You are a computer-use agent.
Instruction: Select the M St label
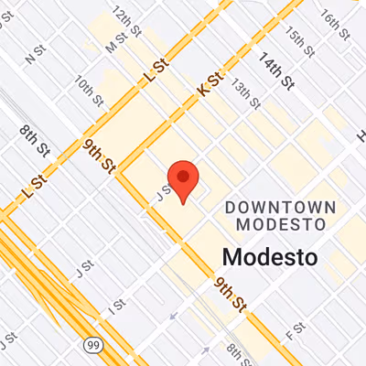115,41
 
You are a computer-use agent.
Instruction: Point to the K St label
210,87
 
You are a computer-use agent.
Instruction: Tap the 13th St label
242,89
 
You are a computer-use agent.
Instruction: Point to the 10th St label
89,89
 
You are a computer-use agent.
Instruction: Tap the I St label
116,306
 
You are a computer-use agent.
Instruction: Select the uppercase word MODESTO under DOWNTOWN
281,223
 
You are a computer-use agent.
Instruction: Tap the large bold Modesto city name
270,256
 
